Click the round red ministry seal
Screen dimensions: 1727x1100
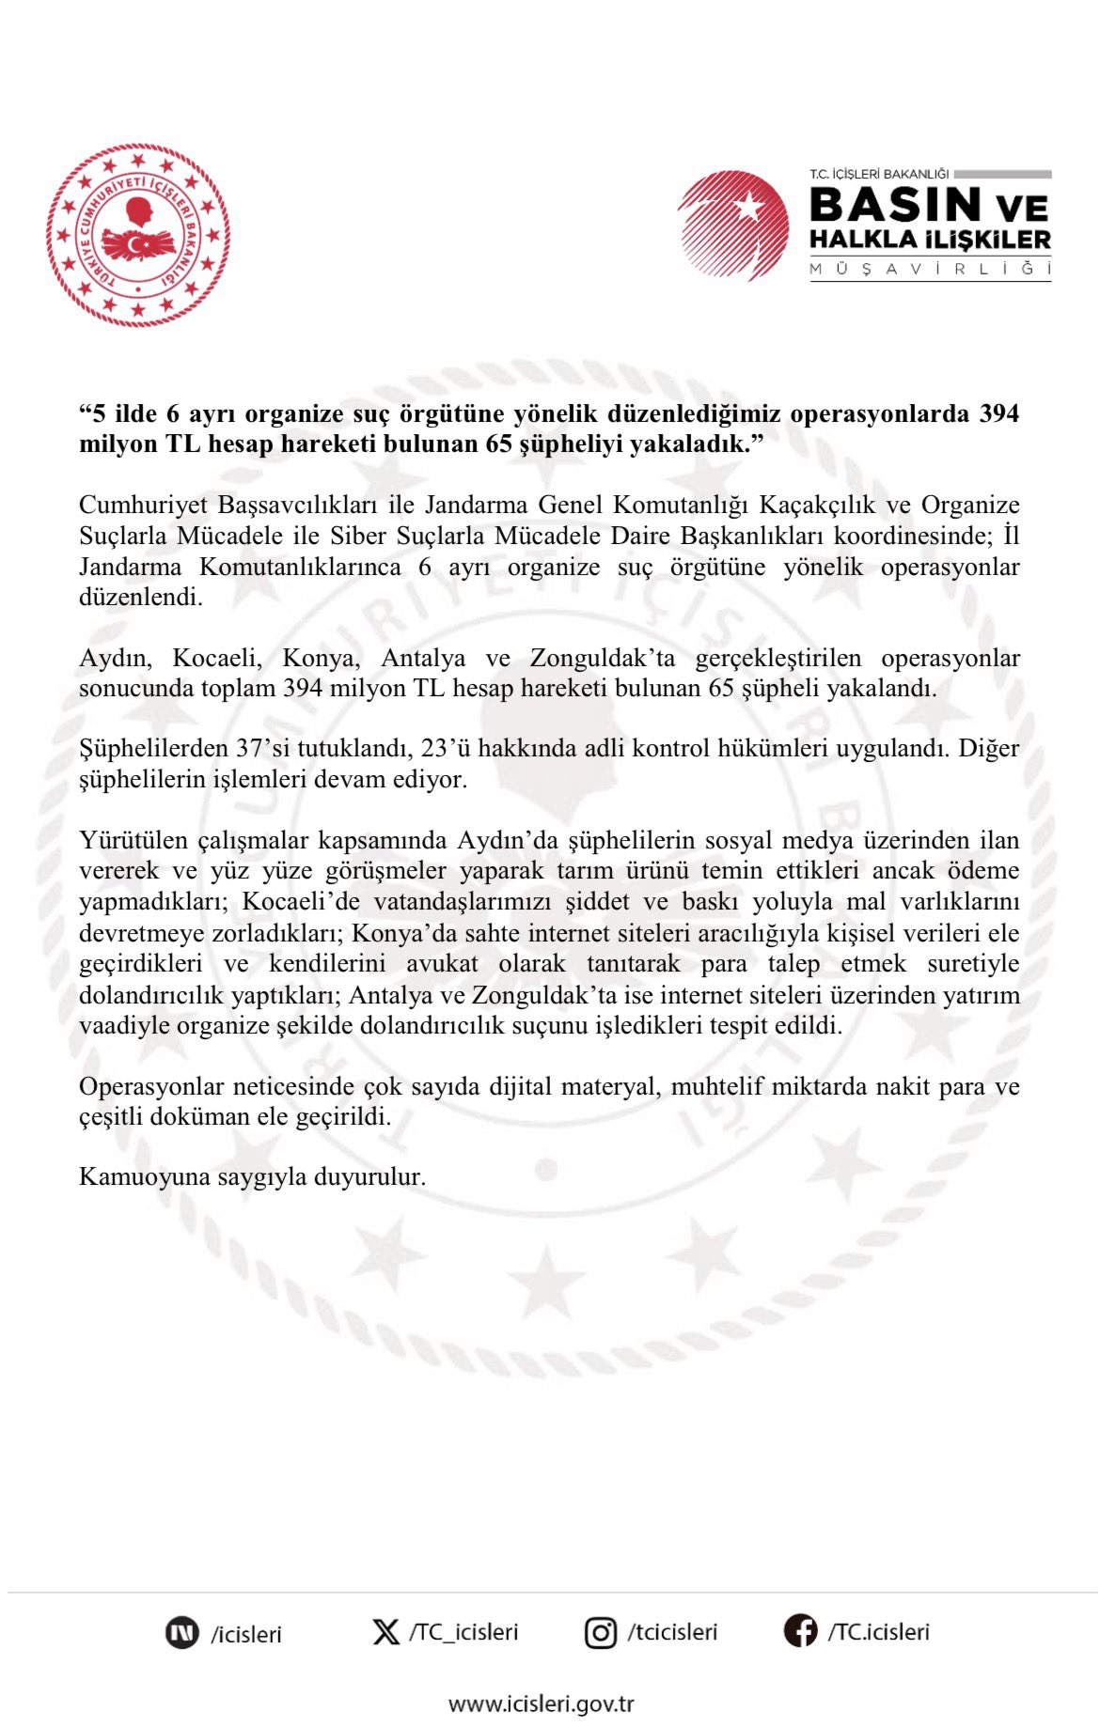click(x=138, y=235)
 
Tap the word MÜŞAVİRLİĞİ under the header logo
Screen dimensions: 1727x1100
click(x=929, y=269)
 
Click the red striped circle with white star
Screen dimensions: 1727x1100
click(x=734, y=226)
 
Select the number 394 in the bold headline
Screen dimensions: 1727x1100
click(x=998, y=413)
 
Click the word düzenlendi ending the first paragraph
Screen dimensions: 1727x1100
click(x=141, y=597)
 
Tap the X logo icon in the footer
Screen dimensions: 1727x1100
click(x=385, y=1632)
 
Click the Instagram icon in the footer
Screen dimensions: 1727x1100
click(x=601, y=1633)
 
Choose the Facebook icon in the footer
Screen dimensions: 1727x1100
click(x=800, y=1631)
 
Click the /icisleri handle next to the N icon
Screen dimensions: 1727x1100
click(x=245, y=1634)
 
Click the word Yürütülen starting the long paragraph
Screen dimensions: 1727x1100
click(x=134, y=840)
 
